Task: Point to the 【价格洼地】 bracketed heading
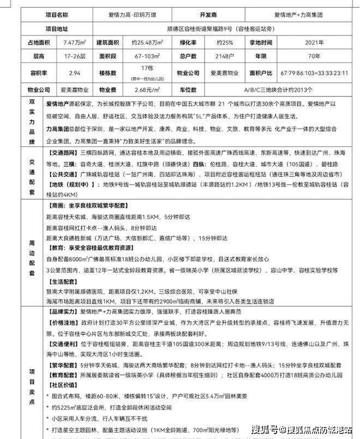62,323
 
